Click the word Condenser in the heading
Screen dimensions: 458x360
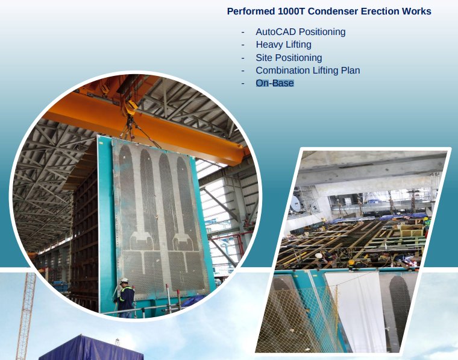click(x=333, y=11)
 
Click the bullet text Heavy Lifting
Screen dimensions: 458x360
click(x=284, y=45)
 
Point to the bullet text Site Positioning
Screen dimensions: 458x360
click(x=289, y=57)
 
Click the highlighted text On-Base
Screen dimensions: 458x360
click(x=275, y=83)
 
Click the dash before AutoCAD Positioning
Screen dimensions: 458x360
click(x=243, y=32)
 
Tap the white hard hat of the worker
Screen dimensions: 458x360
click(x=124, y=280)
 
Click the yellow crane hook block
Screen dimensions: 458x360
click(x=131, y=107)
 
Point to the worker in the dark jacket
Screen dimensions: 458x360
click(x=125, y=298)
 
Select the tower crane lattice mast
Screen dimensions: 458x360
click(x=26, y=315)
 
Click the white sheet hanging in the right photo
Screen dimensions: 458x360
click(x=357, y=312)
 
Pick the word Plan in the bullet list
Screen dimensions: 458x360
click(x=351, y=71)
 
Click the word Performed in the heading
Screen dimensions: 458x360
click(x=251, y=11)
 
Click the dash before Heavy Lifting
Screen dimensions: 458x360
click(x=243, y=45)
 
